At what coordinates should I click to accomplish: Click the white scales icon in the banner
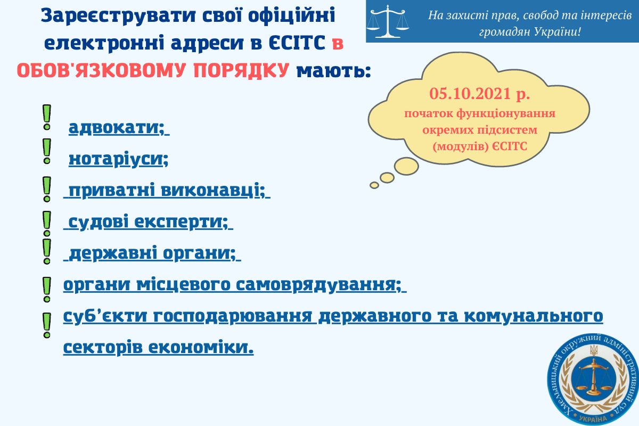(x=388, y=21)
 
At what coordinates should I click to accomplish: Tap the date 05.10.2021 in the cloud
(x=470, y=94)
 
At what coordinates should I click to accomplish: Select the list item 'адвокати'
(x=117, y=128)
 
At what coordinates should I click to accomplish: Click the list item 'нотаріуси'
(x=118, y=159)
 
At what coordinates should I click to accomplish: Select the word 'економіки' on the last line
(x=201, y=347)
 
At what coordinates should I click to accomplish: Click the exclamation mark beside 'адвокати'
(x=47, y=118)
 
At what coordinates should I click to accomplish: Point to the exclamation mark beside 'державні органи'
(x=47, y=251)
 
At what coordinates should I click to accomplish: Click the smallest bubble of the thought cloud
(x=374, y=185)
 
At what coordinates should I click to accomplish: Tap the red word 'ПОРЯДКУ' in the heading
(x=241, y=70)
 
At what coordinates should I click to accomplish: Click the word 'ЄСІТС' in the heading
(x=297, y=43)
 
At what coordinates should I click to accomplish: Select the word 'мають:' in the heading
(x=333, y=70)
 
